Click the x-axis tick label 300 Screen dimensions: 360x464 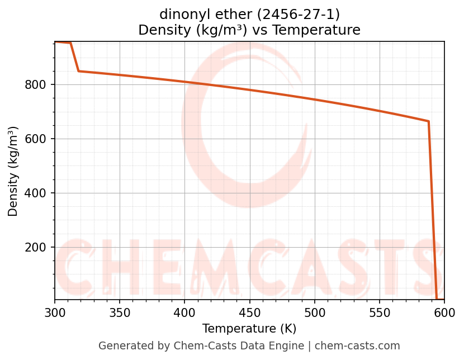point(55,314)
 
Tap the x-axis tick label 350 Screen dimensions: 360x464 point(120,314)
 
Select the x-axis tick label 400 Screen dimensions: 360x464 point(184,314)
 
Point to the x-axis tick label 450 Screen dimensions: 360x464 point(249,314)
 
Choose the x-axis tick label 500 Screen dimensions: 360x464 point(315,314)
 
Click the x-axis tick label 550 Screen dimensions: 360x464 point(380,314)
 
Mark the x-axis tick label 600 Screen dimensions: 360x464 point(444,314)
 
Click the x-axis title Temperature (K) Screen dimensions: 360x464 point(249,329)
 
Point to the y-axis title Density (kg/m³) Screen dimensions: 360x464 point(13,171)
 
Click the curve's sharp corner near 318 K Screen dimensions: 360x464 point(79,71)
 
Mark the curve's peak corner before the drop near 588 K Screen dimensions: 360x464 point(429,121)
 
